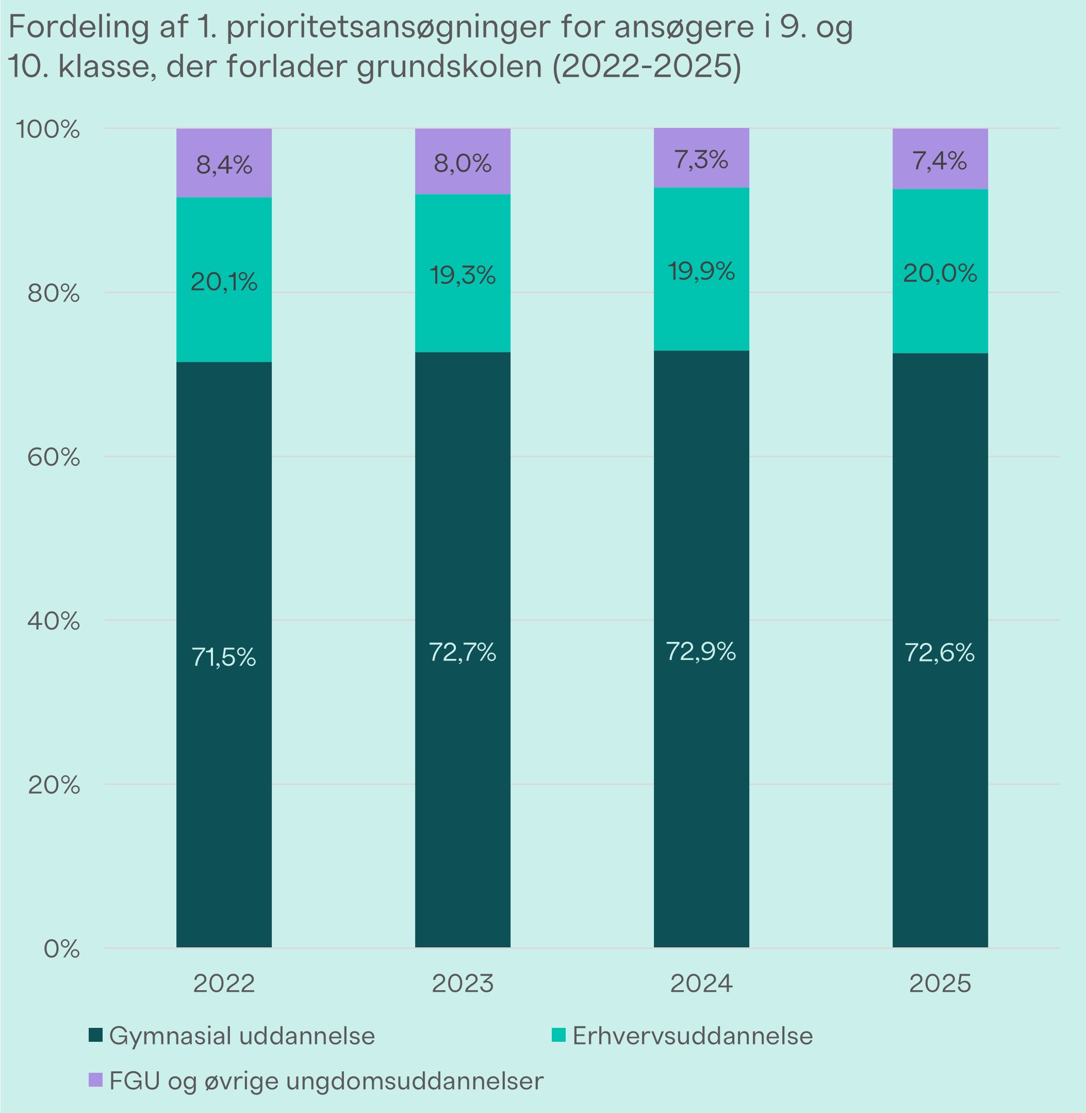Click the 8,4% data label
[x=224, y=166]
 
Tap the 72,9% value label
[x=701, y=651]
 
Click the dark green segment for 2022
[x=224, y=742]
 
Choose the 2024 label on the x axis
[x=701, y=983]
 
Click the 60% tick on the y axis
[x=53, y=457]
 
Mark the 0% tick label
[x=61, y=949]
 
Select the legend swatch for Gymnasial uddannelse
[x=96, y=1035]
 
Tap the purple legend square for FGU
[x=96, y=1080]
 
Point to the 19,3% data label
[x=463, y=276]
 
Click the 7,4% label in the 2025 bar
[x=940, y=162]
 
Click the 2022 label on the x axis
[x=224, y=983]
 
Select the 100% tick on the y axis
[x=47, y=130]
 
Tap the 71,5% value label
[x=224, y=657]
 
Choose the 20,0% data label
[x=940, y=275]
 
